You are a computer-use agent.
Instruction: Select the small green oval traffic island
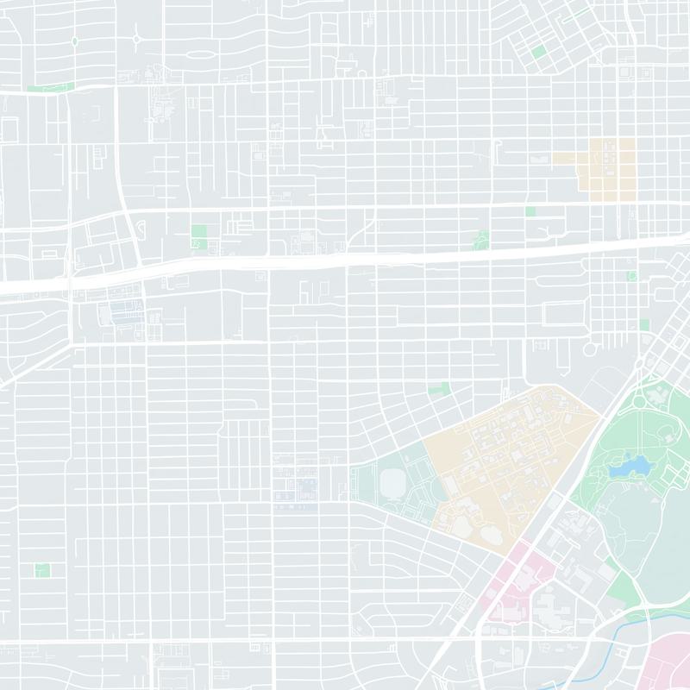(75, 41)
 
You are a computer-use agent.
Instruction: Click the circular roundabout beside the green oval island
(137, 39)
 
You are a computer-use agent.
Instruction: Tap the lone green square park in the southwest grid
(41, 569)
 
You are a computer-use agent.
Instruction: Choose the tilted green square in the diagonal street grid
(539, 52)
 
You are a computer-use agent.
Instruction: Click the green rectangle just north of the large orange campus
(439, 389)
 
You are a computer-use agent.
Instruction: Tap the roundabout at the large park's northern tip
(639, 400)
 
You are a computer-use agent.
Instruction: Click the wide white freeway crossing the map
(345, 259)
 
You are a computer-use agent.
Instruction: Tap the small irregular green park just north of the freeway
(481, 239)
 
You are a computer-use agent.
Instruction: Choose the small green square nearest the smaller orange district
(530, 211)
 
